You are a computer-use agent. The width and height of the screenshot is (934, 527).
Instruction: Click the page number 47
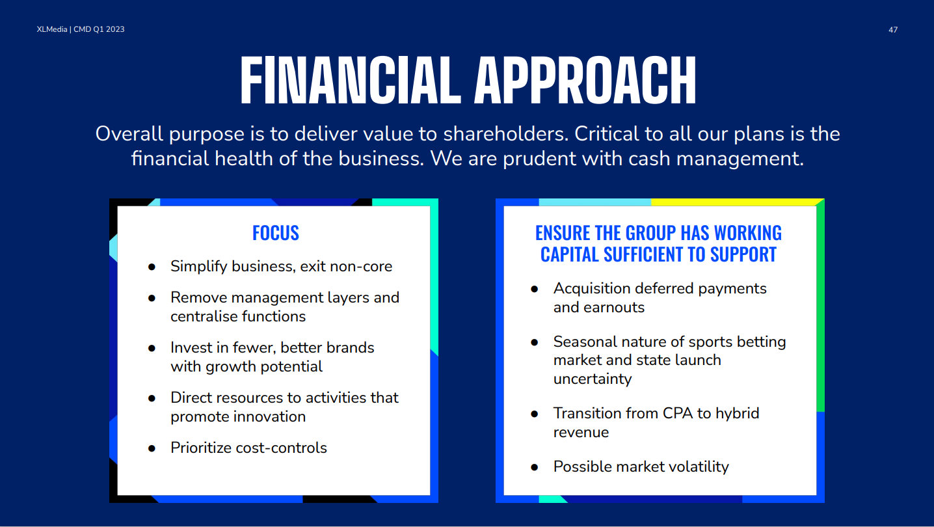click(893, 29)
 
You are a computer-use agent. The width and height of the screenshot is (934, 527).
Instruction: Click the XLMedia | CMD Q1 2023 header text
click(81, 29)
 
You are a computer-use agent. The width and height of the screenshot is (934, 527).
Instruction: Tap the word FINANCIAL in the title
click(351, 80)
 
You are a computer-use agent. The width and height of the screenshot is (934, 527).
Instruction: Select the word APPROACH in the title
click(585, 80)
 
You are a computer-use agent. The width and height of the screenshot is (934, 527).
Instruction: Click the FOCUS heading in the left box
click(276, 233)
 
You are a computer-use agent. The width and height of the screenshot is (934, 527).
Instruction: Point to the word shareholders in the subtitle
click(506, 134)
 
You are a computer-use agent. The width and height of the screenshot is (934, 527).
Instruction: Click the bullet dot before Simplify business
click(152, 267)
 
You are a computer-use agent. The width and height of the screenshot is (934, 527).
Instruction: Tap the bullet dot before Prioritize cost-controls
click(152, 449)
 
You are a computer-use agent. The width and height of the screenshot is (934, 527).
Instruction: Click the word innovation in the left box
click(269, 416)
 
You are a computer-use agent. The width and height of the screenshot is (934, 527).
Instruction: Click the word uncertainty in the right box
click(593, 379)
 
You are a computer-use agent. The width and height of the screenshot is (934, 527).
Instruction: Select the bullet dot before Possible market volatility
click(535, 467)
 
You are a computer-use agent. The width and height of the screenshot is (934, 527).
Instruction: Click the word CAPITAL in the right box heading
click(570, 254)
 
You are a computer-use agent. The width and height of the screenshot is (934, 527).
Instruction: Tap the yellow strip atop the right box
click(736, 202)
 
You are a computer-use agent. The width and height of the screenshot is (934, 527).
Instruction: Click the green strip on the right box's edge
click(820, 306)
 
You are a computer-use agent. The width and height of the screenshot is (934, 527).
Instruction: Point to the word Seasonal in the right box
click(585, 342)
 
